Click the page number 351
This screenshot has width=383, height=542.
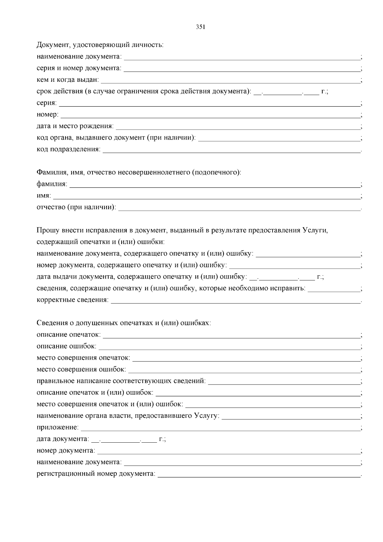tap(200, 27)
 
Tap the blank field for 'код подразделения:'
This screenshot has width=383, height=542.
tap(231, 150)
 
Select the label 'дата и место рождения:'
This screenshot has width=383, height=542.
tap(75, 126)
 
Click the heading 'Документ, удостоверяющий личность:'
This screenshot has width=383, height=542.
tap(100, 45)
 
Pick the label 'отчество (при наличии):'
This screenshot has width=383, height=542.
tap(76, 208)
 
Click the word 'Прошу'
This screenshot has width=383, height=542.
tap(47, 231)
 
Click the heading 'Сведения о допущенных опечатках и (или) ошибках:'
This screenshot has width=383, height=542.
tap(124, 323)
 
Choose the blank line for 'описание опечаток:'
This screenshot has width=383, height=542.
tap(231, 336)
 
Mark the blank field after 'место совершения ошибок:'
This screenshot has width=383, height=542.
tap(244, 370)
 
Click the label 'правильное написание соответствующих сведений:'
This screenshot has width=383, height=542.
tap(121, 381)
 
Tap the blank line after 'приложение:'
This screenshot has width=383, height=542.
tap(220, 428)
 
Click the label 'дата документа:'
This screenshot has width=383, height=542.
tap(63, 439)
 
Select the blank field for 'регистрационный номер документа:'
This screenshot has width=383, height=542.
tap(259, 475)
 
